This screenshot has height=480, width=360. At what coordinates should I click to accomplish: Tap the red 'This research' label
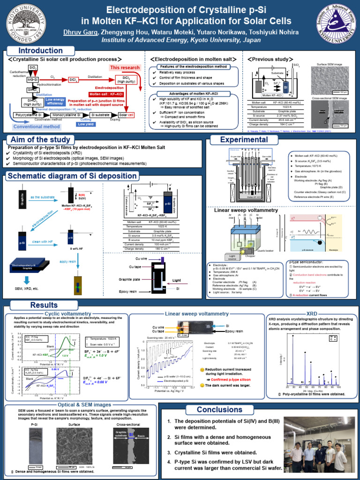click(x=125, y=67)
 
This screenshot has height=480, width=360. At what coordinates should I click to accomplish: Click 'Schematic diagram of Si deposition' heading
click(x=70, y=176)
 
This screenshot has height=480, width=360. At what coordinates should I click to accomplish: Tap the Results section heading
click(x=44, y=305)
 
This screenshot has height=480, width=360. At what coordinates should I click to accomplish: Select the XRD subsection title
click(x=312, y=313)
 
